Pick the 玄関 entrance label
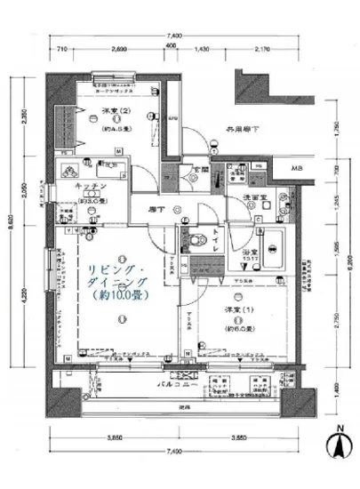point(199,169)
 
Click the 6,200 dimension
point(352,264)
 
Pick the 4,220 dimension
point(28,294)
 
